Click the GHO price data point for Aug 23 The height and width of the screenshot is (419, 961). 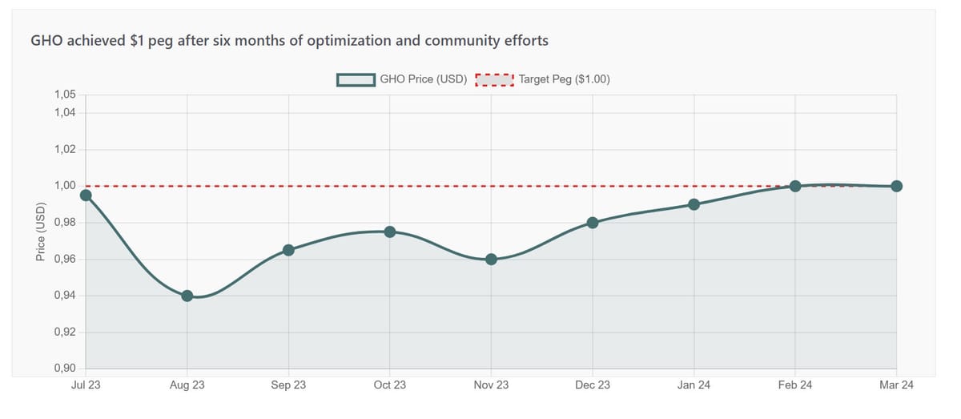point(187,296)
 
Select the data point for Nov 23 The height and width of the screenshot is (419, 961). point(491,259)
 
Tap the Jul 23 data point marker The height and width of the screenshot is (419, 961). point(86,195)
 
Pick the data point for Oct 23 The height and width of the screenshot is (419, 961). point(389,232)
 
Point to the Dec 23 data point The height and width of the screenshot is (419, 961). point(593,223)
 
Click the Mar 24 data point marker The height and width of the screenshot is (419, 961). point(896,186)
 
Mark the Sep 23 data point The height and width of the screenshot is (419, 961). point(288,250)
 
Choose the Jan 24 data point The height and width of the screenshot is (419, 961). point(694,204)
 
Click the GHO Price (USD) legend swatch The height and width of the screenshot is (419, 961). point(356,79)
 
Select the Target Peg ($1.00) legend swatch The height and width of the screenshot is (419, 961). point(494,79)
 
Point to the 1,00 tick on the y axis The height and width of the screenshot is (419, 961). point(65,186)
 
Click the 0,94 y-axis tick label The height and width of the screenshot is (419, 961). point(65,296)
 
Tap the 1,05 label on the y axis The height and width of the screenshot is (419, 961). point(65,95)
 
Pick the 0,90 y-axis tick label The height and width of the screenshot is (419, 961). point(65,369)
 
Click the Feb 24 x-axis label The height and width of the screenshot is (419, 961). point(795,385)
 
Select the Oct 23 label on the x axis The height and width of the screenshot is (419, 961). point(389,385)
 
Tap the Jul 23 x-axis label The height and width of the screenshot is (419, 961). point(86,385)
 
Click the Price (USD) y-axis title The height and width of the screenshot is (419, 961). point(41,232)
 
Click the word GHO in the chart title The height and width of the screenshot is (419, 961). point(46,40)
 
